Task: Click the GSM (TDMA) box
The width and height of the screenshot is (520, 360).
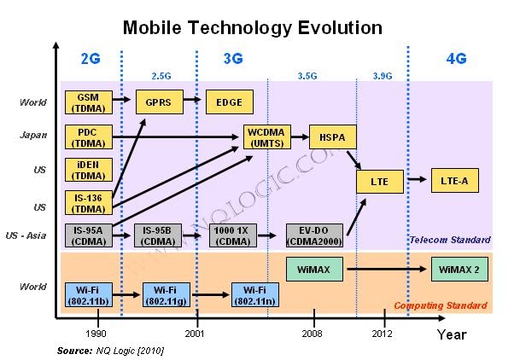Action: pyautogui.click(x=86, y=102)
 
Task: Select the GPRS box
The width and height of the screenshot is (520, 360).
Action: pyautogui.click(x=158, y=102)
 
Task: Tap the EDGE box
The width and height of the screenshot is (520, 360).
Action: pyautogui.click(x=228, y=102)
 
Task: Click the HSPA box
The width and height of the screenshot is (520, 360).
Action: pyautogui.click(x=331, y=137)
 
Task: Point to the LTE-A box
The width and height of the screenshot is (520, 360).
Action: pyautogui.click(x=454, y=180)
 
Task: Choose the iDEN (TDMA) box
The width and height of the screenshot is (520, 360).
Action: pyautogui.click(x=86, y=171)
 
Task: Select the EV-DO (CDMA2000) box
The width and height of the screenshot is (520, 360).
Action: pyautogui.click(x=315, y=235)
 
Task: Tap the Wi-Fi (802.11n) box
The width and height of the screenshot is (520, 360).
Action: pyautogui.click(x=254, y=295)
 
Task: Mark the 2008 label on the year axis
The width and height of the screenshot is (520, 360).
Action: pyautogui.click(x=313, y=334)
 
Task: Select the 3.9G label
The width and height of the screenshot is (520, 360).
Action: pyautogui.click(x=383, y=76)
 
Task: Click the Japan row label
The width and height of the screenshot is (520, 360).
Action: pyautogui.click(x=34, y=135)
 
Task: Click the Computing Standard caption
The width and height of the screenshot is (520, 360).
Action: pyautogui.click(x=441, y=305)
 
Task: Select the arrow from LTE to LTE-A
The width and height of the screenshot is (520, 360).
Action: pyautogui.click(x=417, y=180)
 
